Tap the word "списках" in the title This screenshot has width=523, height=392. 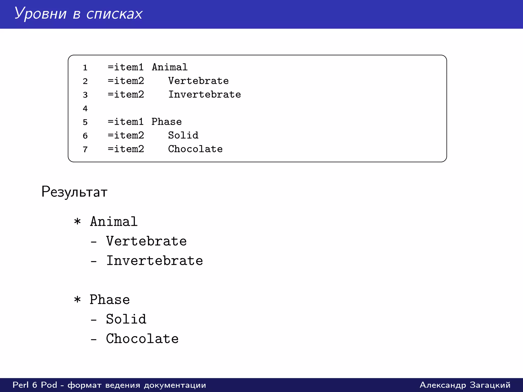(x=114, y=14)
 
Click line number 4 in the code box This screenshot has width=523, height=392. (x=85, y=108)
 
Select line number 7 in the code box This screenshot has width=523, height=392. (x=85, y=149)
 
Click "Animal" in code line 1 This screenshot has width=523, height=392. (x=170, y=67)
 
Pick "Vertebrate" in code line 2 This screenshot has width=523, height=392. (x=198, y=81)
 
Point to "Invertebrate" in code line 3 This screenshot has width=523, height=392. (x=204, y=94)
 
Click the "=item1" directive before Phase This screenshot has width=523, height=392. (x=125, y=122)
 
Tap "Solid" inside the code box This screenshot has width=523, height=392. (x=183, y=135)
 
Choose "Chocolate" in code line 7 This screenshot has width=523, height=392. (x=195, y=149)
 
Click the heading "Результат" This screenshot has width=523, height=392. (x=74, y=192)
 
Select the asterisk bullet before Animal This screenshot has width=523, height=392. (x=77, y=222)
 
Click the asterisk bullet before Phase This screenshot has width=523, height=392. (x=77, y=300)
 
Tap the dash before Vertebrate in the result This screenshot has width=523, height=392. (x=94, y=241)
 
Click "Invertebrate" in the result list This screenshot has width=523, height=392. (x=154, y=261)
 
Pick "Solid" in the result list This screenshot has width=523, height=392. (x=126, y=319)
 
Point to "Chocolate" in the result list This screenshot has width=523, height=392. (x=142, y=339)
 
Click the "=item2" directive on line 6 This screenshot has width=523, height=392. (x=126, y=135)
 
